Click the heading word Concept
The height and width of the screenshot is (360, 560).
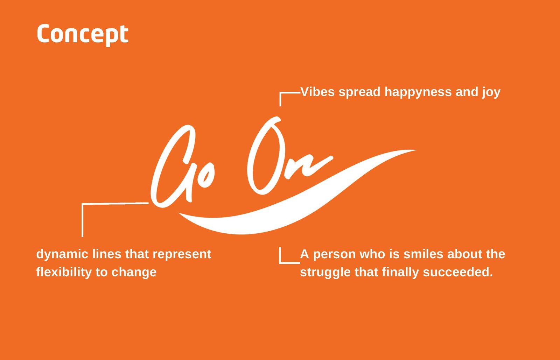click(83, 35)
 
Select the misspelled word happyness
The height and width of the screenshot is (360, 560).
click(418, 92)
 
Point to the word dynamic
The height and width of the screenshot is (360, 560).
click(62, 254)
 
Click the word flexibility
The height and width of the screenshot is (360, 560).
click(64, 272)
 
